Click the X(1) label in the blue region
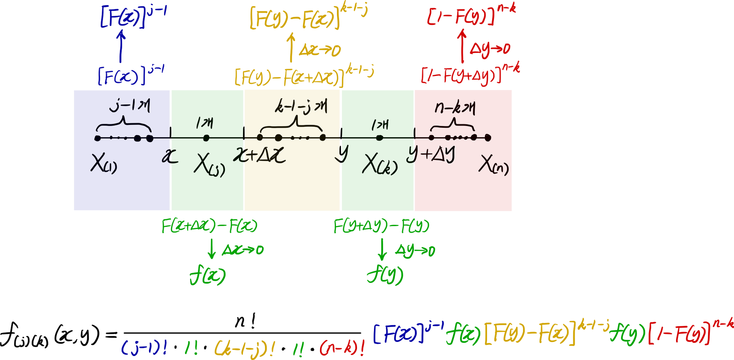point(103,164)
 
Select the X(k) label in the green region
point(379,164)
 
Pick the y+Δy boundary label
point(431,154)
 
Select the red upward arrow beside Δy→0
point(462,46)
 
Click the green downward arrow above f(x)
point(211,249)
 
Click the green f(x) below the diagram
point(207,276)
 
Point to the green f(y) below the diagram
point(385,275)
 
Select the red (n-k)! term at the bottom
point(342,348)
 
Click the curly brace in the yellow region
point(292,125)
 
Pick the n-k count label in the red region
point(455,108)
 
